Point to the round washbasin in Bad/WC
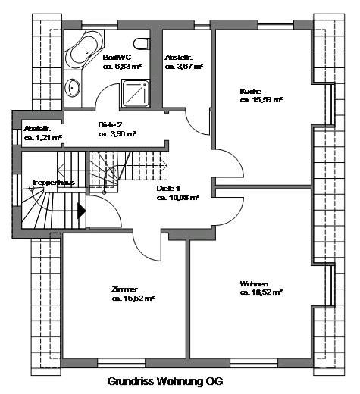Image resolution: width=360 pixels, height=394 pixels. pos(75,88)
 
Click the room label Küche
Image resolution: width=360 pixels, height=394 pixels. pos(250,91)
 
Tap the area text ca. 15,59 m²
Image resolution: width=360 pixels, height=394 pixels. pos(261,100)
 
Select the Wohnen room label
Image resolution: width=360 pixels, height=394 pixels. pos(254,282)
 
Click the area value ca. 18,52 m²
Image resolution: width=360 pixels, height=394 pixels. pos(261,292)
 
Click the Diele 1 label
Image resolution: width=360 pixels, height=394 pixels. pos(168,187)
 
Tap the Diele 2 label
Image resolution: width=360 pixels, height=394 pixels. pos(111,124)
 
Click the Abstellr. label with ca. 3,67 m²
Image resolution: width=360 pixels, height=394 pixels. pos(179,57)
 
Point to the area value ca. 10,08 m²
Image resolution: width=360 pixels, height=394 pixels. pos(178,197)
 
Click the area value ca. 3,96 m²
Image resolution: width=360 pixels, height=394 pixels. pos(117,134)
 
